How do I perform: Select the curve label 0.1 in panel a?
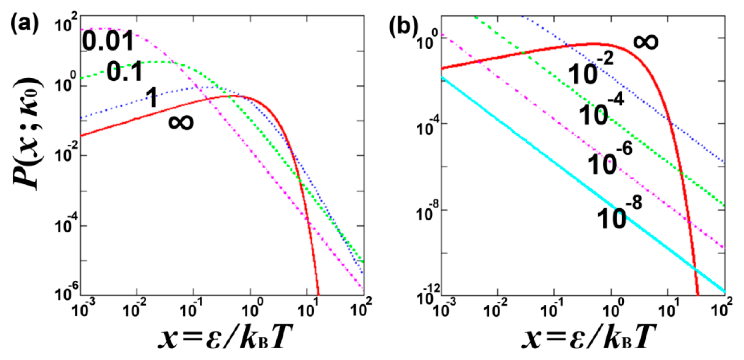[125, 72]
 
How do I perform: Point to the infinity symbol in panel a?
[181, 122]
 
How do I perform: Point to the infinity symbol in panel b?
[645, 41]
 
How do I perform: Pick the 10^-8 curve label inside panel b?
[619, 214]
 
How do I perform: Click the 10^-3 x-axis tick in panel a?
[83, 309]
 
